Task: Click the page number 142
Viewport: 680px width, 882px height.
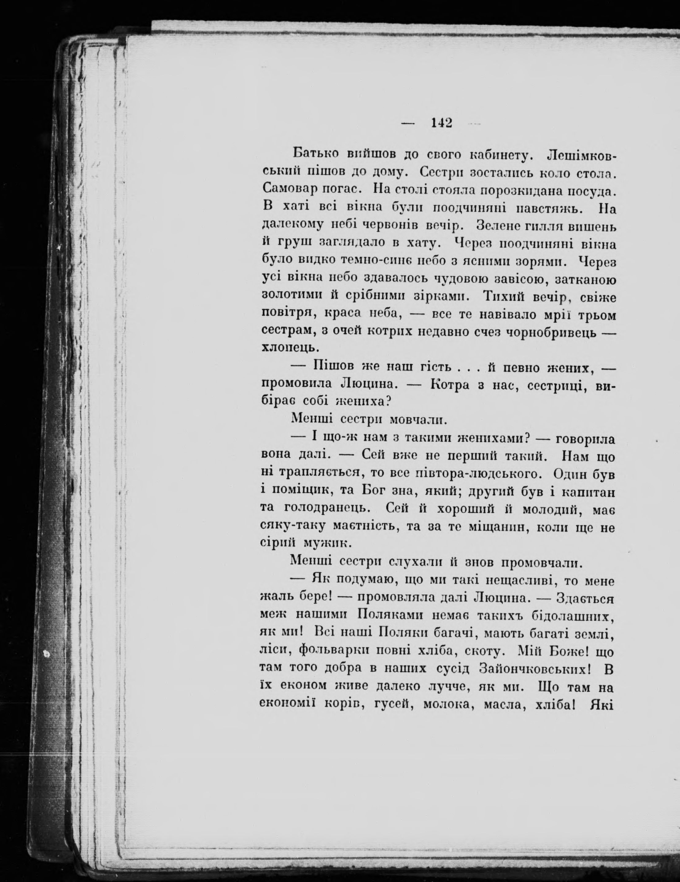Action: pyautogui.click(x=441, y=122)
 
